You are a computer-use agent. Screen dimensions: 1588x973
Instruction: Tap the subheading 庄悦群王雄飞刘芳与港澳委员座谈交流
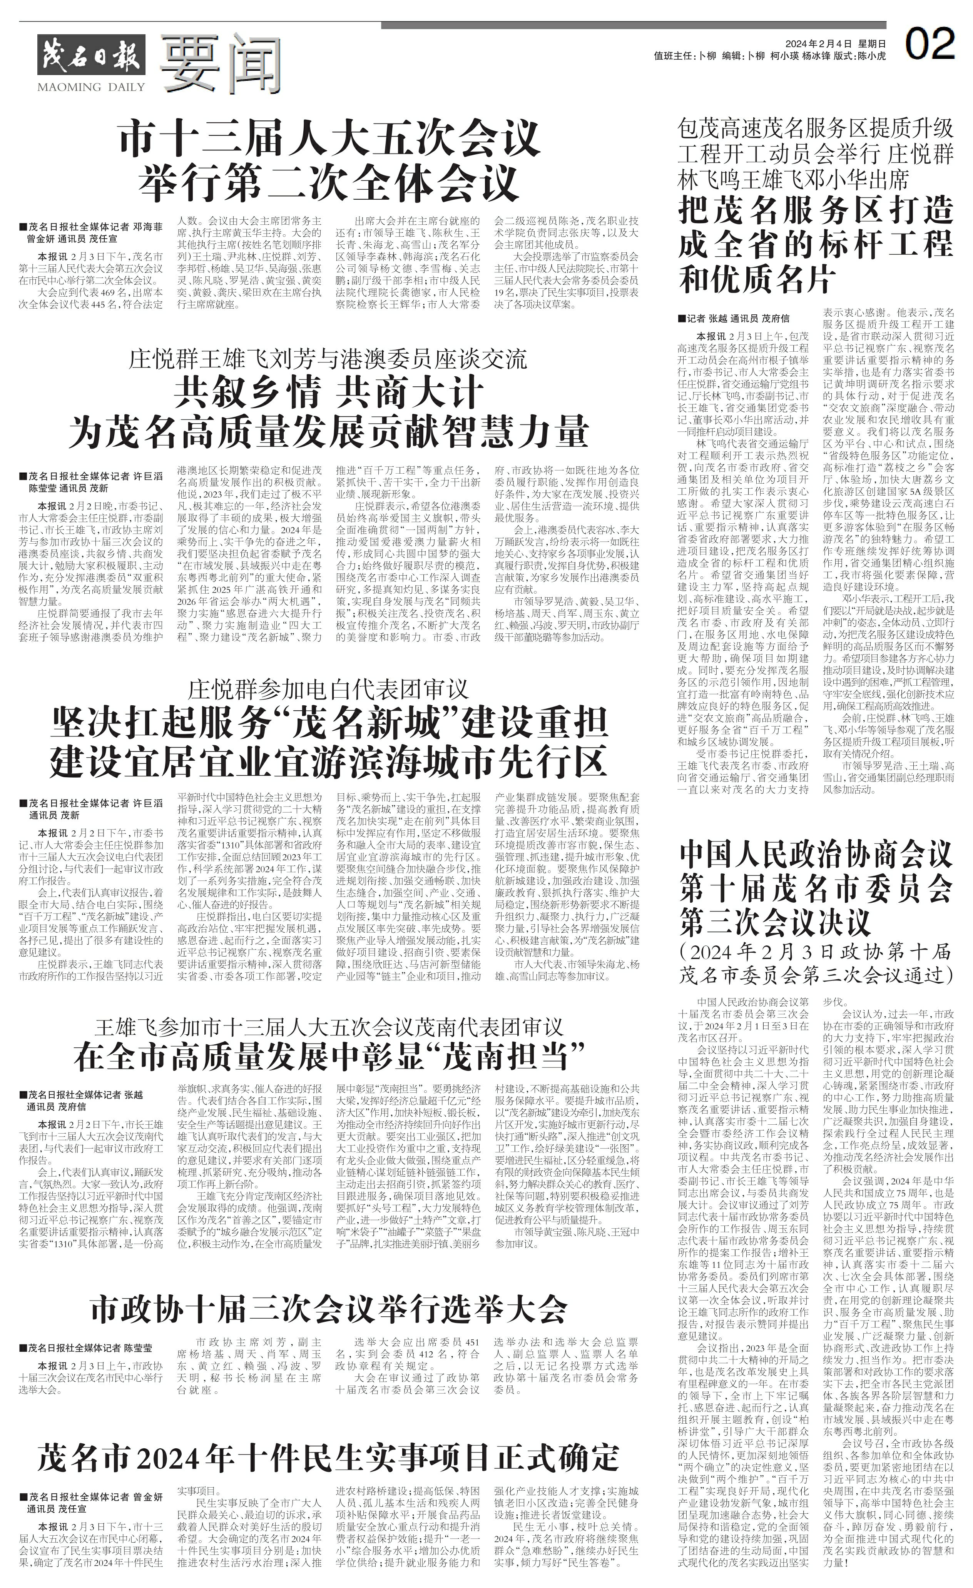point(328,359)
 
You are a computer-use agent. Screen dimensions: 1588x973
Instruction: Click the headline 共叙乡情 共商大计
point(328,392)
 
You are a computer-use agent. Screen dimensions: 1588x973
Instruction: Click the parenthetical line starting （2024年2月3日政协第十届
point(816,953)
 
